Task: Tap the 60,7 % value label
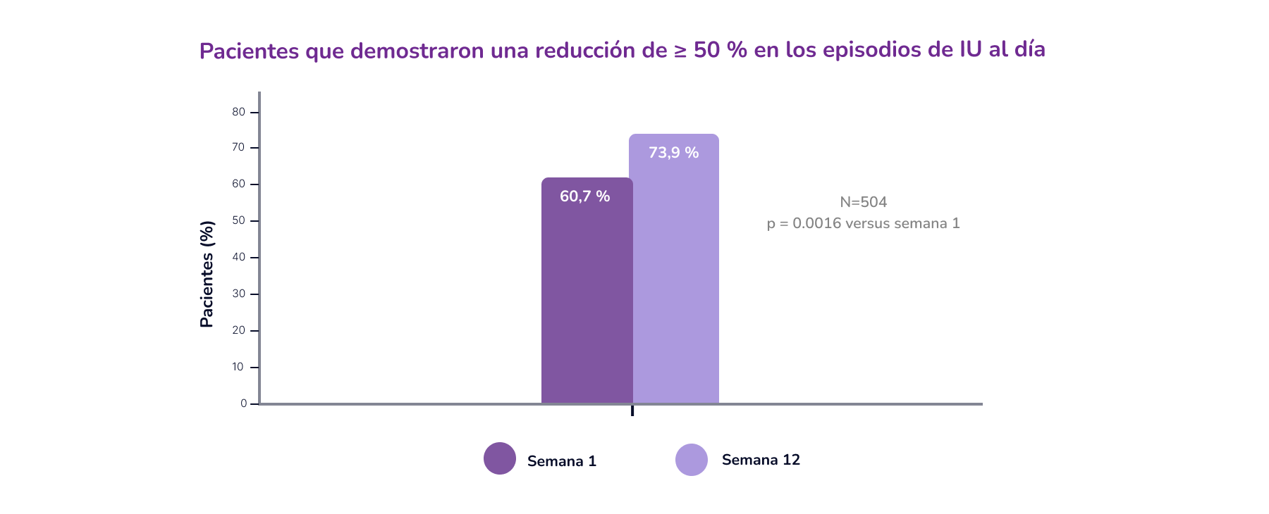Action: tap(584, 196)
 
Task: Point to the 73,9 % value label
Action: tap(673, 153)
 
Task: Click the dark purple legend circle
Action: tap(500, 458)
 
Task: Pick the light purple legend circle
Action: tap(692, 460)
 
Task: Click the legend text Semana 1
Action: tap(562, 461)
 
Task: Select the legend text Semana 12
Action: tap(761, 460)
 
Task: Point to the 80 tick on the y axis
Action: tap(239, 112)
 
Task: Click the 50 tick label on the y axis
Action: tap(239, 220)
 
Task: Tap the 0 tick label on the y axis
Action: tap(243, 403)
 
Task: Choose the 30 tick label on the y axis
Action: tap(239, 294)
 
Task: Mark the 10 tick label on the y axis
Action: tap(239, 367)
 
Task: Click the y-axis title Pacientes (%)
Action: tap(207, 274)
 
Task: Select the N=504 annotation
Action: tap(863, 202)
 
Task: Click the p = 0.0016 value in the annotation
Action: tap(816, 223)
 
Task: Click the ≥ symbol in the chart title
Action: tap(680, 51)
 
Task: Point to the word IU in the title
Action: tap(971, 49)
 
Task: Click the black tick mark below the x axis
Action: tap(632, 410)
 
